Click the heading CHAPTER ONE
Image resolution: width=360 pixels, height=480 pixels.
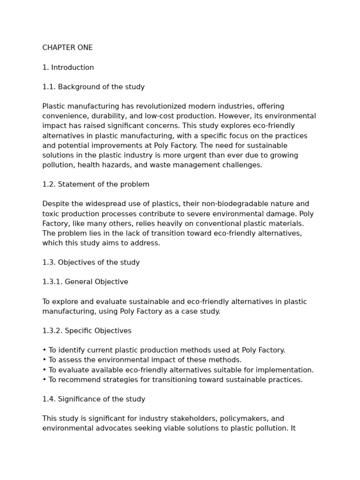click(x=67, y=48)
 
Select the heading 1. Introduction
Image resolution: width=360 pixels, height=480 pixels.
click(x=68, y=67)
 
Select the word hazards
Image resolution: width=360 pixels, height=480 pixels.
click(x=120, y=165)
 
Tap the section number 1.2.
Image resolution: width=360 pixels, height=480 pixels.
click(x=49, y=185)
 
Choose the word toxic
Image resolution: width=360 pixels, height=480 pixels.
click(x=51, y=214)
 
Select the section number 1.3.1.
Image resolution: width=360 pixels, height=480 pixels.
click(x=52, y=282)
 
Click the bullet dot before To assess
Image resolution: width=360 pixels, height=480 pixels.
click(x=44, y=360)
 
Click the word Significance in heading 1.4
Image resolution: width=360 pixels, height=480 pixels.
click(x=80, y=399)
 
